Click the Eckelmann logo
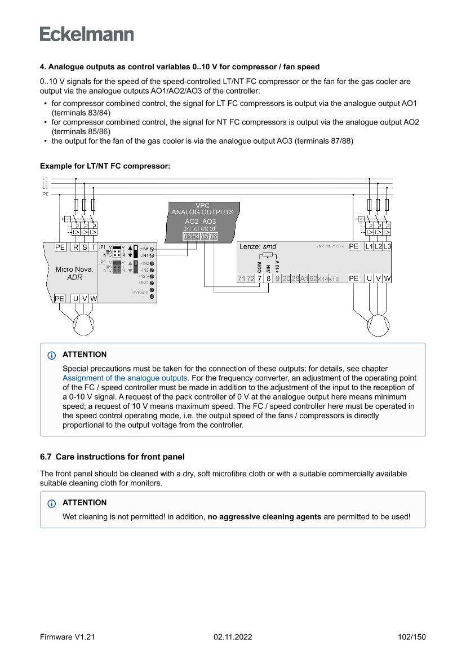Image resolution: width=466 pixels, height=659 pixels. (87, 34)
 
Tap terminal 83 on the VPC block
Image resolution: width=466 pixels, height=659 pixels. (187, 236)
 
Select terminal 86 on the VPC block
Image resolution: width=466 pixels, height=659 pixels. (214, 236)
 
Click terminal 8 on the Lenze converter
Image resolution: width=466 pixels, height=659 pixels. (269, 278)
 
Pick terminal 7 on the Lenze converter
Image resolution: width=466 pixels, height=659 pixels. (259, 278)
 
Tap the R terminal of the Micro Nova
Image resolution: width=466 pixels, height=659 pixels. (76, 247)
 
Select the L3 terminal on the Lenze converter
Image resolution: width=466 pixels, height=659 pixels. (387, 246)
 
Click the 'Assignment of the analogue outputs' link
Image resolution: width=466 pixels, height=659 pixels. (125, 378)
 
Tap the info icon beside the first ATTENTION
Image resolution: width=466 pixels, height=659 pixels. (52, 355)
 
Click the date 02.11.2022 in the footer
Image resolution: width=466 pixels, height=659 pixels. (233, 637)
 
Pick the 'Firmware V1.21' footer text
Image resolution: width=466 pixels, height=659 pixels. (67, 637)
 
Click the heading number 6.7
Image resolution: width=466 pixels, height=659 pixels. (46, 457)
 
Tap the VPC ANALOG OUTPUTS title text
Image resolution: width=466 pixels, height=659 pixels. (202, 209)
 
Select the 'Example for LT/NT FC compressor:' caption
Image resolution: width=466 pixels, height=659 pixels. (105, 166)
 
